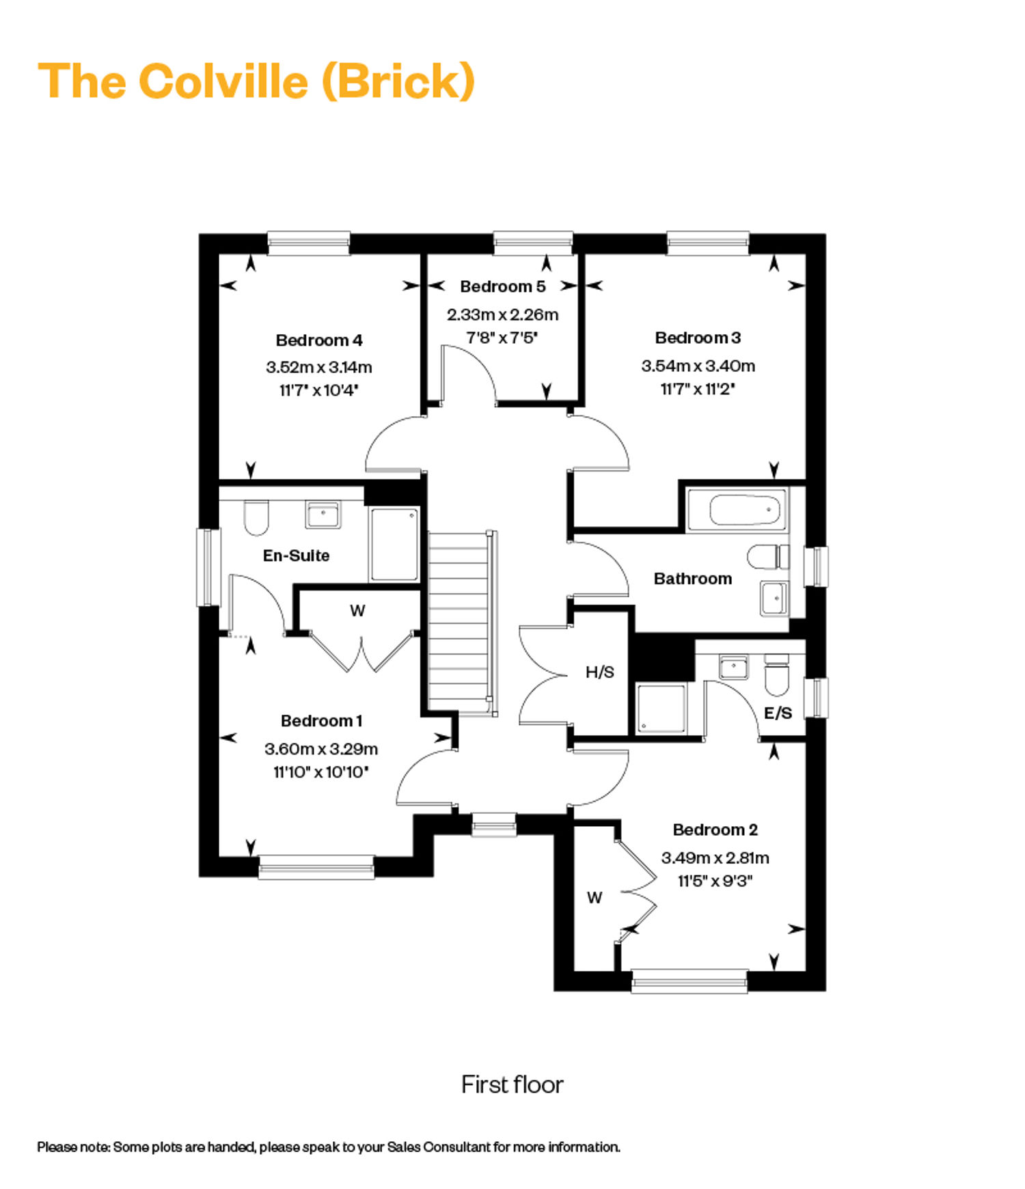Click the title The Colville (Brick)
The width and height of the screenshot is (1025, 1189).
point(256,81)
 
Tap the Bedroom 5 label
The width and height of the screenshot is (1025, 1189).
point(503,286)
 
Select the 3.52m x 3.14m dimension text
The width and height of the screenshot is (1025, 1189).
point(319,367)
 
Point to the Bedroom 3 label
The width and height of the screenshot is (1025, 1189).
point(698,338)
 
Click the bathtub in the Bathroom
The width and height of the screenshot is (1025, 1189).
point(736,510)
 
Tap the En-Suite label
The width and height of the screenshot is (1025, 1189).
point(296,556)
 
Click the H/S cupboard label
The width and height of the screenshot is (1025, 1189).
point(599,672)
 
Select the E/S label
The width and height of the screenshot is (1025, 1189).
point(778,713)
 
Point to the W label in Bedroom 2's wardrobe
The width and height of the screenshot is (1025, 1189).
point(594,897)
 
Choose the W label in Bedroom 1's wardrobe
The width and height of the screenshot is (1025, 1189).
point(357,611)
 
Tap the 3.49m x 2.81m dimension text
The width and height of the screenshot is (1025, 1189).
point(715,858)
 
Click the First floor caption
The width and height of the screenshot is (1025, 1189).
point(512,1084)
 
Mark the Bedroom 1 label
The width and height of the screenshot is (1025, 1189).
point(321,721)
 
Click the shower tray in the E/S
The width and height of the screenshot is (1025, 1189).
point(661,709)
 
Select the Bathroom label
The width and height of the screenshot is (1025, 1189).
point(693,579)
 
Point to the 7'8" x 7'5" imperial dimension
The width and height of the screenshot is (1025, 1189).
point(502,338)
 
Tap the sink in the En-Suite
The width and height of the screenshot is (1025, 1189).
point(323,515)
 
